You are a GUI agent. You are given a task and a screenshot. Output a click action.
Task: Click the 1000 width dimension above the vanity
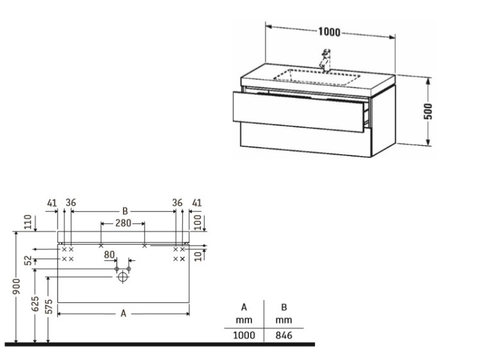329,32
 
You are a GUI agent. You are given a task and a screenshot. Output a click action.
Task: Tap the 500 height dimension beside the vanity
429,111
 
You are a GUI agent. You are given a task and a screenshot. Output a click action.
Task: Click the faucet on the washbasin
325,60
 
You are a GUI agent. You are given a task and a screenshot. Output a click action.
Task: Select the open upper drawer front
298,112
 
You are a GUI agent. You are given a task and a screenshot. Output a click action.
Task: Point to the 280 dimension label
123,223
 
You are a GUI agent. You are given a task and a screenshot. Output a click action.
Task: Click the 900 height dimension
17,286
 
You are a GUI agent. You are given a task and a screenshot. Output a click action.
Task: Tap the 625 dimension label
35,304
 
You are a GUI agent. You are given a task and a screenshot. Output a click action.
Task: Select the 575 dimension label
49,306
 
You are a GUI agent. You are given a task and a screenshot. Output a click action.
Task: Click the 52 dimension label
28,260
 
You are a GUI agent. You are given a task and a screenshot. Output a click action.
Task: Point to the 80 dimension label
109,254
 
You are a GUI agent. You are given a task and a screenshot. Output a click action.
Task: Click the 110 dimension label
28,222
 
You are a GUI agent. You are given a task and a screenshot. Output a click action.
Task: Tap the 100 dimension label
198,223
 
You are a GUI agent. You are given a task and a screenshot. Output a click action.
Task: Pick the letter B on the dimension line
125,211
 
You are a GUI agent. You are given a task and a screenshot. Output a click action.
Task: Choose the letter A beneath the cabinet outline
123,313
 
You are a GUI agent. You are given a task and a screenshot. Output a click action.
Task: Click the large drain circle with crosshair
123,277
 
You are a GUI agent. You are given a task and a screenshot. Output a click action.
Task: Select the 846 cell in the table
284,335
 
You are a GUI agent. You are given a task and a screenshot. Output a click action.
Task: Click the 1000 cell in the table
244,335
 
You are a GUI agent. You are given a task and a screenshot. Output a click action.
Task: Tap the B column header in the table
284,307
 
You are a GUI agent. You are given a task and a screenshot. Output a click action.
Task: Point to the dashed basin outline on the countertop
317,77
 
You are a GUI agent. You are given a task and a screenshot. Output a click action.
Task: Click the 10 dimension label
198,256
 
